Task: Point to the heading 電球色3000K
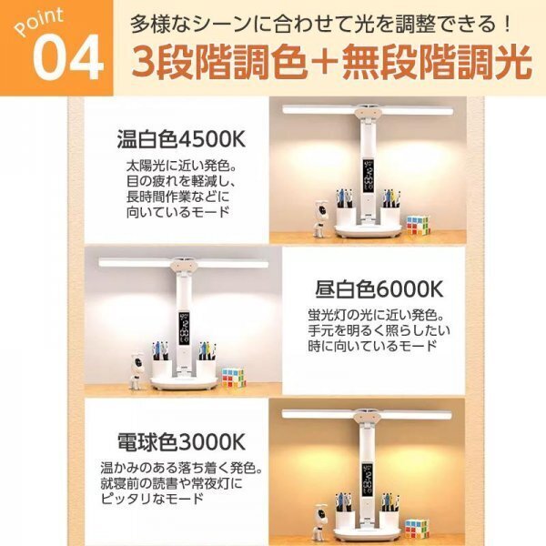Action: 181,443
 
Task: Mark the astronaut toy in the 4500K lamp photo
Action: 323,214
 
